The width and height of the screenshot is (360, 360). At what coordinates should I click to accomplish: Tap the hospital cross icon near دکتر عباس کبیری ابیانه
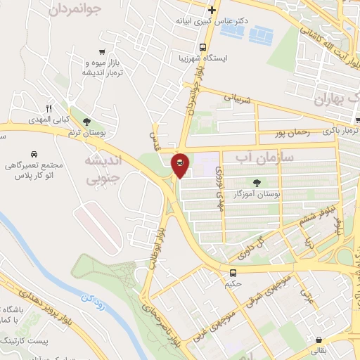[212, 11]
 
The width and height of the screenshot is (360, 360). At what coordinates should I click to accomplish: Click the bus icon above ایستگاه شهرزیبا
[203, 48]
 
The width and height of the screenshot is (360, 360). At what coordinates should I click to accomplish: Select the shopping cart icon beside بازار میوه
[103, 51]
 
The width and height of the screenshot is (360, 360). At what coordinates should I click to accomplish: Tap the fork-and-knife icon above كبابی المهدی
[49, 109]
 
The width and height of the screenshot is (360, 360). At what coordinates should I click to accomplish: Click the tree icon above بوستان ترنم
[86, 122]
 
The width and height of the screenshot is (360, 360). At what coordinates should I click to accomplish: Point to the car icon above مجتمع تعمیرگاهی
[34, 154]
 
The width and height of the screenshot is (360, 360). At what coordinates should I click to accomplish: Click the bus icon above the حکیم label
[232, 272]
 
